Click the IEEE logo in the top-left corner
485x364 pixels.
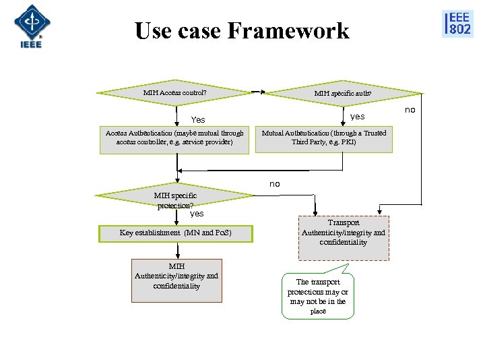[x=31, y=26]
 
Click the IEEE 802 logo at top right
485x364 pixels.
[x=457, y=24]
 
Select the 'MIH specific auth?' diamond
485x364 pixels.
[x=342, y=94]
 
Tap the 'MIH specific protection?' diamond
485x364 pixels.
[x=175, y=198]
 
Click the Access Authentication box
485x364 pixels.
[x=174, y=138]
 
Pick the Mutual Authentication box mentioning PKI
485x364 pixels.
[x=324, y=138]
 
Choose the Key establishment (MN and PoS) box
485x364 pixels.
[x=175, y=233]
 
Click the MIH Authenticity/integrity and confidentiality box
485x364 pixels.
[x=176, y=276]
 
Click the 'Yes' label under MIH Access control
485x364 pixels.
[x=198, y=119]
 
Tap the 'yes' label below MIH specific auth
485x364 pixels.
[x=357, y=116]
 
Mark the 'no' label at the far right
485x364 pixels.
[x=410, y=109]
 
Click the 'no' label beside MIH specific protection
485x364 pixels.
[x=274, y=183]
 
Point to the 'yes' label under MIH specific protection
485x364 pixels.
[x=196, y=214]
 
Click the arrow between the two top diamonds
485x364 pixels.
[x=257, y=92]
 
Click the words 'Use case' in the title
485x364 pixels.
[x=176, y=31]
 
